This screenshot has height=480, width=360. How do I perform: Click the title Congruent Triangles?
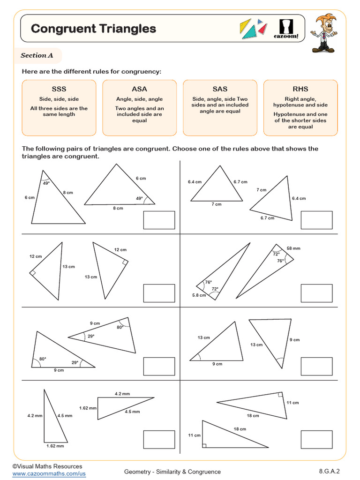tap(93, 29)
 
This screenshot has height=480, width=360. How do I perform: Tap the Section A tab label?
tap(37, 55)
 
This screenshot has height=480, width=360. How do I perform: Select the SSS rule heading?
tap(59, 89)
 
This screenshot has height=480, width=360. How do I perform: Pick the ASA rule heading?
tap(139, 89)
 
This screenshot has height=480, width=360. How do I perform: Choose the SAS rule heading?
tap(220, 89)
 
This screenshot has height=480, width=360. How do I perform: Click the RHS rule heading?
tap(300, 89)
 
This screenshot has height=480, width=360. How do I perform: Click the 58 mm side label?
tap(294, 248)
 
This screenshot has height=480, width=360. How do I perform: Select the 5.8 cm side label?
tap(199, 295)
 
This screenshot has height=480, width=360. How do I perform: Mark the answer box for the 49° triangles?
tap(159, 220)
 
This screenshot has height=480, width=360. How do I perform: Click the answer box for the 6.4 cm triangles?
tap(316, 220)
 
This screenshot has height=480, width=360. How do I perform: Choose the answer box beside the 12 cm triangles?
tap(159, 293)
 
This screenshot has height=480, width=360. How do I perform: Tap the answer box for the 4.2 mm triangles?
tap(159, 439)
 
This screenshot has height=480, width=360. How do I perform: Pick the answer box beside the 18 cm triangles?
tap(316, 439)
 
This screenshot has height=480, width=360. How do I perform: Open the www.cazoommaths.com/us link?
tap(49, 474)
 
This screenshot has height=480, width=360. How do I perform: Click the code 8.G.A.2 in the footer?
tap(329, 471)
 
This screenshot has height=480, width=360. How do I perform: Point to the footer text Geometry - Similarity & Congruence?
tap(172, 472)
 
